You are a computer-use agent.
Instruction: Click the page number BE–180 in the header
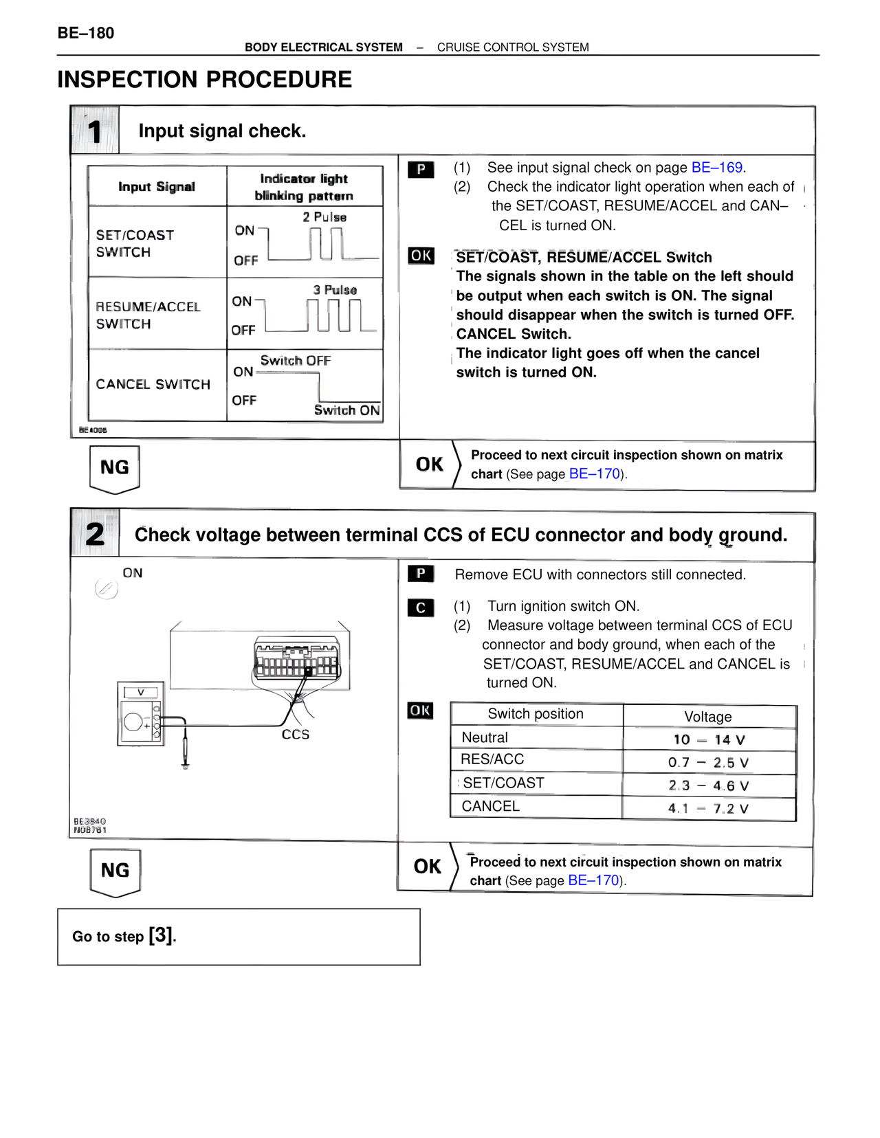pos(86,33)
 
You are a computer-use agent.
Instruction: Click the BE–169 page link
pos(716,168)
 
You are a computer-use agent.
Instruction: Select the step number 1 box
pos(95,131)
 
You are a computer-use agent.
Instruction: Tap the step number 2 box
pos(95,534)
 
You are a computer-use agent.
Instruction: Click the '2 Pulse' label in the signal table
pos(324,217)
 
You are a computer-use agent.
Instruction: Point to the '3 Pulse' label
pos(335,290)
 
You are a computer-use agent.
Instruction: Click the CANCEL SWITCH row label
pos(153,384)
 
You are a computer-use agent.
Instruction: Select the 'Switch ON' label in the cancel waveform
pos(346,410)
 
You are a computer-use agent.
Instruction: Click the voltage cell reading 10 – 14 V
pos(709,740)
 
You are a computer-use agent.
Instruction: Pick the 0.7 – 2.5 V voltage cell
pos(709,763)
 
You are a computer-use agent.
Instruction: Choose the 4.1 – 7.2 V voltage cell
pos(709,809)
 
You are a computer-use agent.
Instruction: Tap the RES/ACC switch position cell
pos(492,759)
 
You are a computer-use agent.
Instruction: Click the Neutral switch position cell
pos(485,737)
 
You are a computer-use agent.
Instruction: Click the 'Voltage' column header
pos(708,717)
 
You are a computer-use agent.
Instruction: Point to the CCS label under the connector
pos(296,735)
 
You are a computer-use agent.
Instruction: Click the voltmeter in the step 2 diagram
pos(140,714)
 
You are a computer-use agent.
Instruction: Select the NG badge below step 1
pos(115,468)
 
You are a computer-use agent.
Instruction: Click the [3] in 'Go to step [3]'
pos(162,935)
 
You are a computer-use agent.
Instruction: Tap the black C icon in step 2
pos(421,608)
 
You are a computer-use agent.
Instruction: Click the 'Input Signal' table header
pos(157,187)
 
